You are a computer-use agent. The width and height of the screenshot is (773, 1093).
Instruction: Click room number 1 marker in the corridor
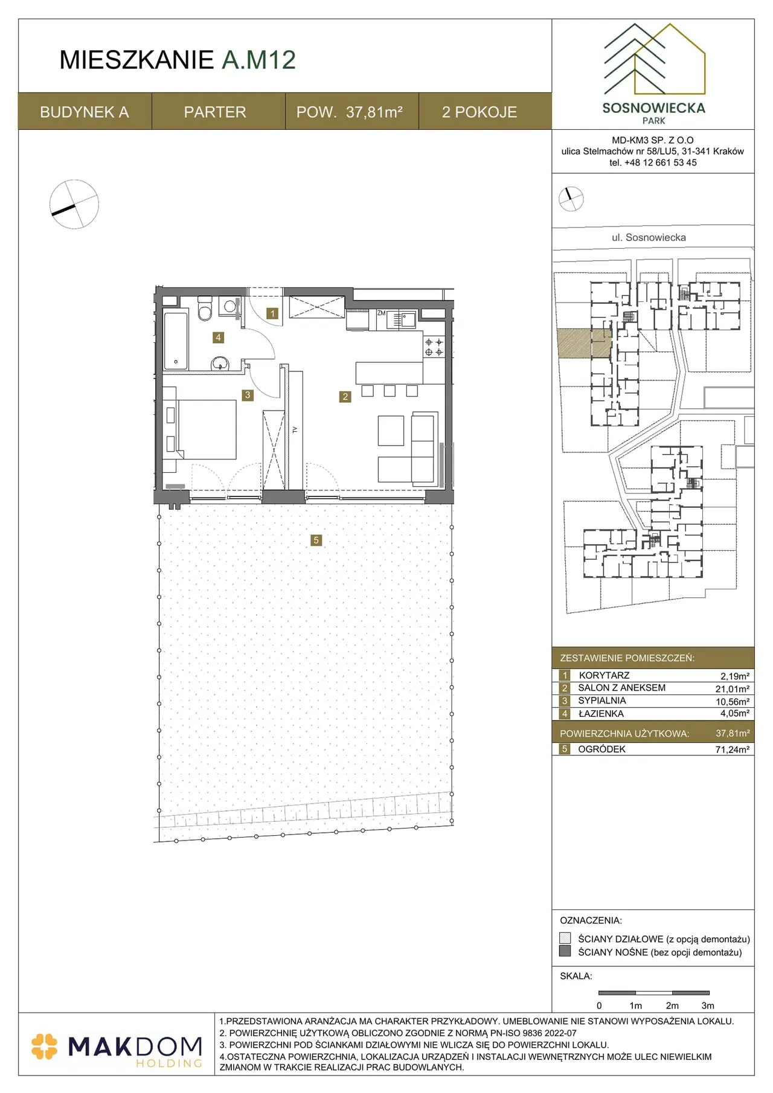coord(273,313)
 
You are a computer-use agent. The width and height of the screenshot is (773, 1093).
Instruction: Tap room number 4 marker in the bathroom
coord(218,338)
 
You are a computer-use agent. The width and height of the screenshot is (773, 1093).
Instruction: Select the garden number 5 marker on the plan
coord(316,540)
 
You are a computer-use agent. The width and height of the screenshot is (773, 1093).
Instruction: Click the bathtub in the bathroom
coord(176,340)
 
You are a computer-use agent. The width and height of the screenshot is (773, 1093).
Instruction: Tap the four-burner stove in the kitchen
coord(434,347)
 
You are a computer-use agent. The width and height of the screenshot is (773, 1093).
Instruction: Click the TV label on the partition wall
coord(295,430)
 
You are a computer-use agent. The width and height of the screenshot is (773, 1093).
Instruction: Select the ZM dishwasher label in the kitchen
coord(381,313)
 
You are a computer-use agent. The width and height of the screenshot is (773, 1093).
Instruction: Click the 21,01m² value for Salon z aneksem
coord(733,688)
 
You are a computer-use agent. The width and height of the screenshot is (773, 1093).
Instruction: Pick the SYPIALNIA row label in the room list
coord(602,700)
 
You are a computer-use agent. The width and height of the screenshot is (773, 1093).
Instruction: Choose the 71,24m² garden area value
coord(733,749)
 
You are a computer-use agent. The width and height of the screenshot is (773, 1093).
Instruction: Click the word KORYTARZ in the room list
coord(604,675)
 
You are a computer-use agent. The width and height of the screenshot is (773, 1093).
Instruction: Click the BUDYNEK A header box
coord(85,112)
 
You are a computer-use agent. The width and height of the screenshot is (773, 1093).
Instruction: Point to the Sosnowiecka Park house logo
coord(654,59)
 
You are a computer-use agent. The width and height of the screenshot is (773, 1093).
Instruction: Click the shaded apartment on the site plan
coord(583,343)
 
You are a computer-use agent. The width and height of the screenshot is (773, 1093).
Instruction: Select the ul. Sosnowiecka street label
coord(649,237)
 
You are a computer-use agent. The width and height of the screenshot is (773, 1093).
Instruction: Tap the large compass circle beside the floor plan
coord(74,204)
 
